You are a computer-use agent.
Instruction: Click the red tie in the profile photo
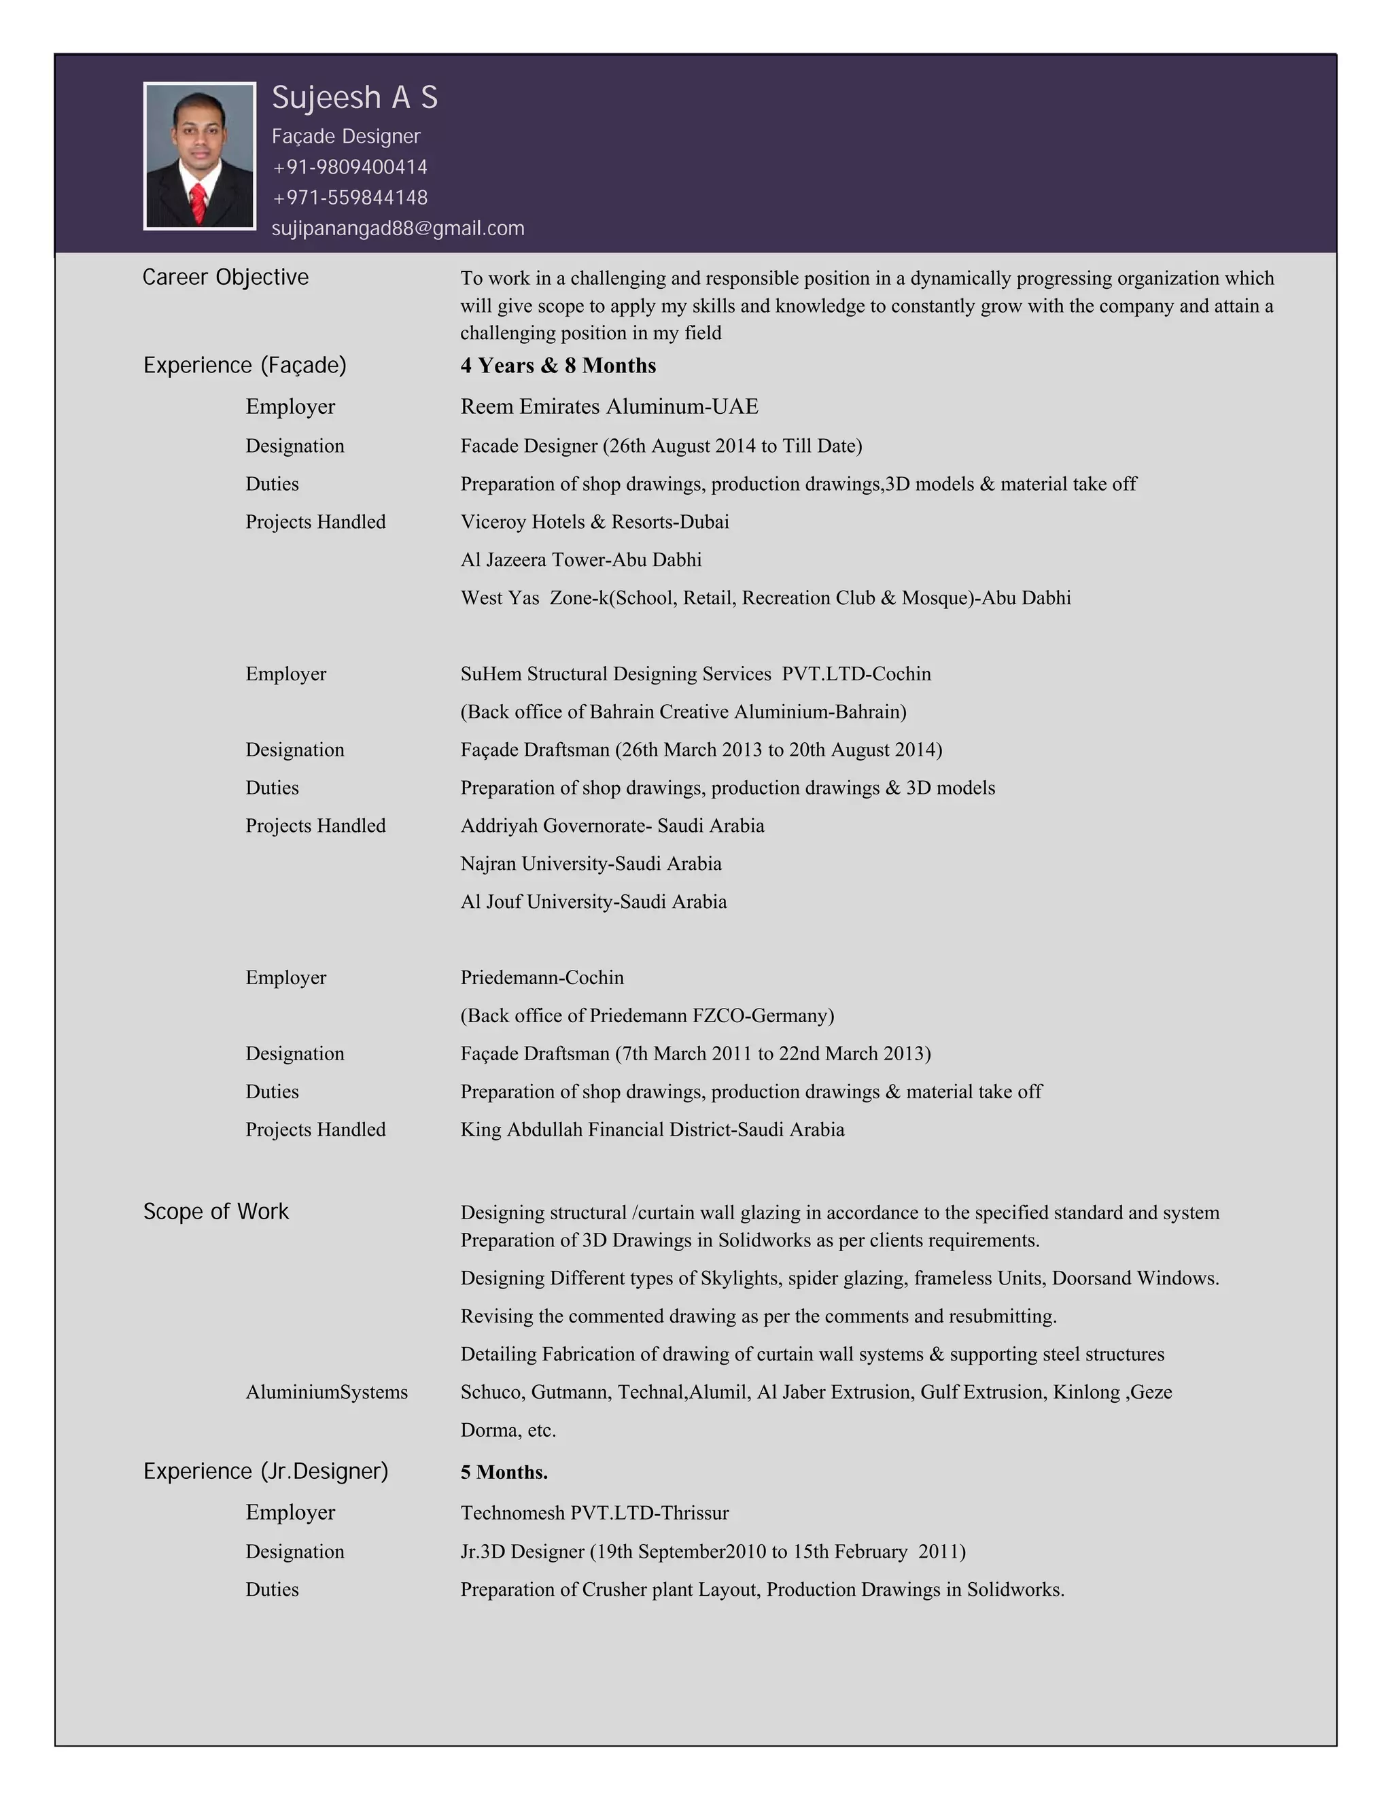(x=198, y=203)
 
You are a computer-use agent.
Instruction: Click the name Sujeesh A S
(x=355, y=97)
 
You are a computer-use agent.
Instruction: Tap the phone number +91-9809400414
(x=349, y=167)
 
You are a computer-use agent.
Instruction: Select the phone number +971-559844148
(x=349, y=198)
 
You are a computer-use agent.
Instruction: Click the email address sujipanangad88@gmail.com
(x=398, y=228)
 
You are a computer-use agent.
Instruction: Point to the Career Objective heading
(x=225, y=277)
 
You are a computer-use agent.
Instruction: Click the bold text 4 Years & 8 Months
(x=557, y=366)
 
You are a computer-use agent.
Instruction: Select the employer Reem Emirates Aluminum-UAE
(x=608, y=406)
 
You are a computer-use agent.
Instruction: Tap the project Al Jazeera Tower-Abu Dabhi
(x=580, y=560)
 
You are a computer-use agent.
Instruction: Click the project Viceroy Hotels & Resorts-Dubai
(x=595, y=522)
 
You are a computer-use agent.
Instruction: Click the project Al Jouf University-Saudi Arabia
(x=593, y=901)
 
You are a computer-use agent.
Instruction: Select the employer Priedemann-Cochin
(x=542, y=977)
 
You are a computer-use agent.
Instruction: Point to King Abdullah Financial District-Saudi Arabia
(x=651, y=1129)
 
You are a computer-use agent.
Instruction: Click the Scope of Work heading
(x=216, y=1211)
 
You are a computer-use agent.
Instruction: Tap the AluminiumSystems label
(x=326, y=1392)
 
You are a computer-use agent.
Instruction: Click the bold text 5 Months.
(x=504, y=1472)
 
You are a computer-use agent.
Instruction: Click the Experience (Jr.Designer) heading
(x=266, y=1471)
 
